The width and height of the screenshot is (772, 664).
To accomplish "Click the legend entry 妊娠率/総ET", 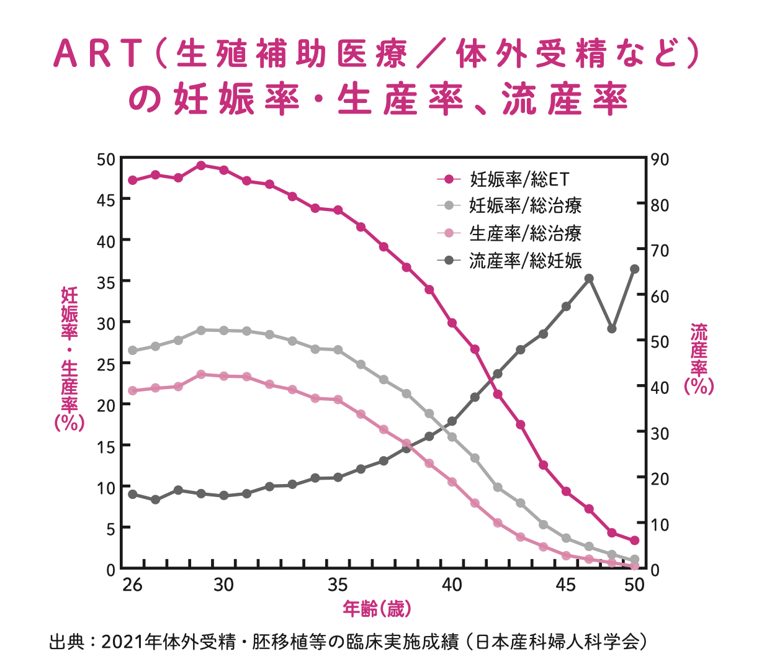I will (519, 179).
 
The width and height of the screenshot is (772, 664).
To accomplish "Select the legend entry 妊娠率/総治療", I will (525, 206).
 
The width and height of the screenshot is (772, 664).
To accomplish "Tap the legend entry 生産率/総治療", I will (525, 233).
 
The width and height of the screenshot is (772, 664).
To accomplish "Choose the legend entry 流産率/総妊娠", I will (525, 261).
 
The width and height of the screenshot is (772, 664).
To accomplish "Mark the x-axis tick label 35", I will (338, 585).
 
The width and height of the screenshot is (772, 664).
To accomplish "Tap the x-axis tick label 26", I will (132, 585).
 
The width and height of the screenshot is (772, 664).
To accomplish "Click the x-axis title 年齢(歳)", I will (377, 609).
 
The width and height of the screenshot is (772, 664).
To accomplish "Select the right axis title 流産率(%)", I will (699, 359).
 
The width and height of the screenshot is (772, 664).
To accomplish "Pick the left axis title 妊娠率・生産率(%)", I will (70, 359).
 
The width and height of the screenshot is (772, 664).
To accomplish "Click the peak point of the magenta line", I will (201, 166).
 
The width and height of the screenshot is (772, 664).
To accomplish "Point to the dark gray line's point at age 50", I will (634, 269).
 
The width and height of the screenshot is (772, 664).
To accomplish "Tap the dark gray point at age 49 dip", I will (612, 329).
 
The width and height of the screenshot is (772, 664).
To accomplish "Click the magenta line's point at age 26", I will (132, 181).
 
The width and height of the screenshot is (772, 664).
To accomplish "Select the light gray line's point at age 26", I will (132, 351).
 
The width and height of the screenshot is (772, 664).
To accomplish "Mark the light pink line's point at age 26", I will (132, 391).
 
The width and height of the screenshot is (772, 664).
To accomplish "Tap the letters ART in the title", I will (99, 54).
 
